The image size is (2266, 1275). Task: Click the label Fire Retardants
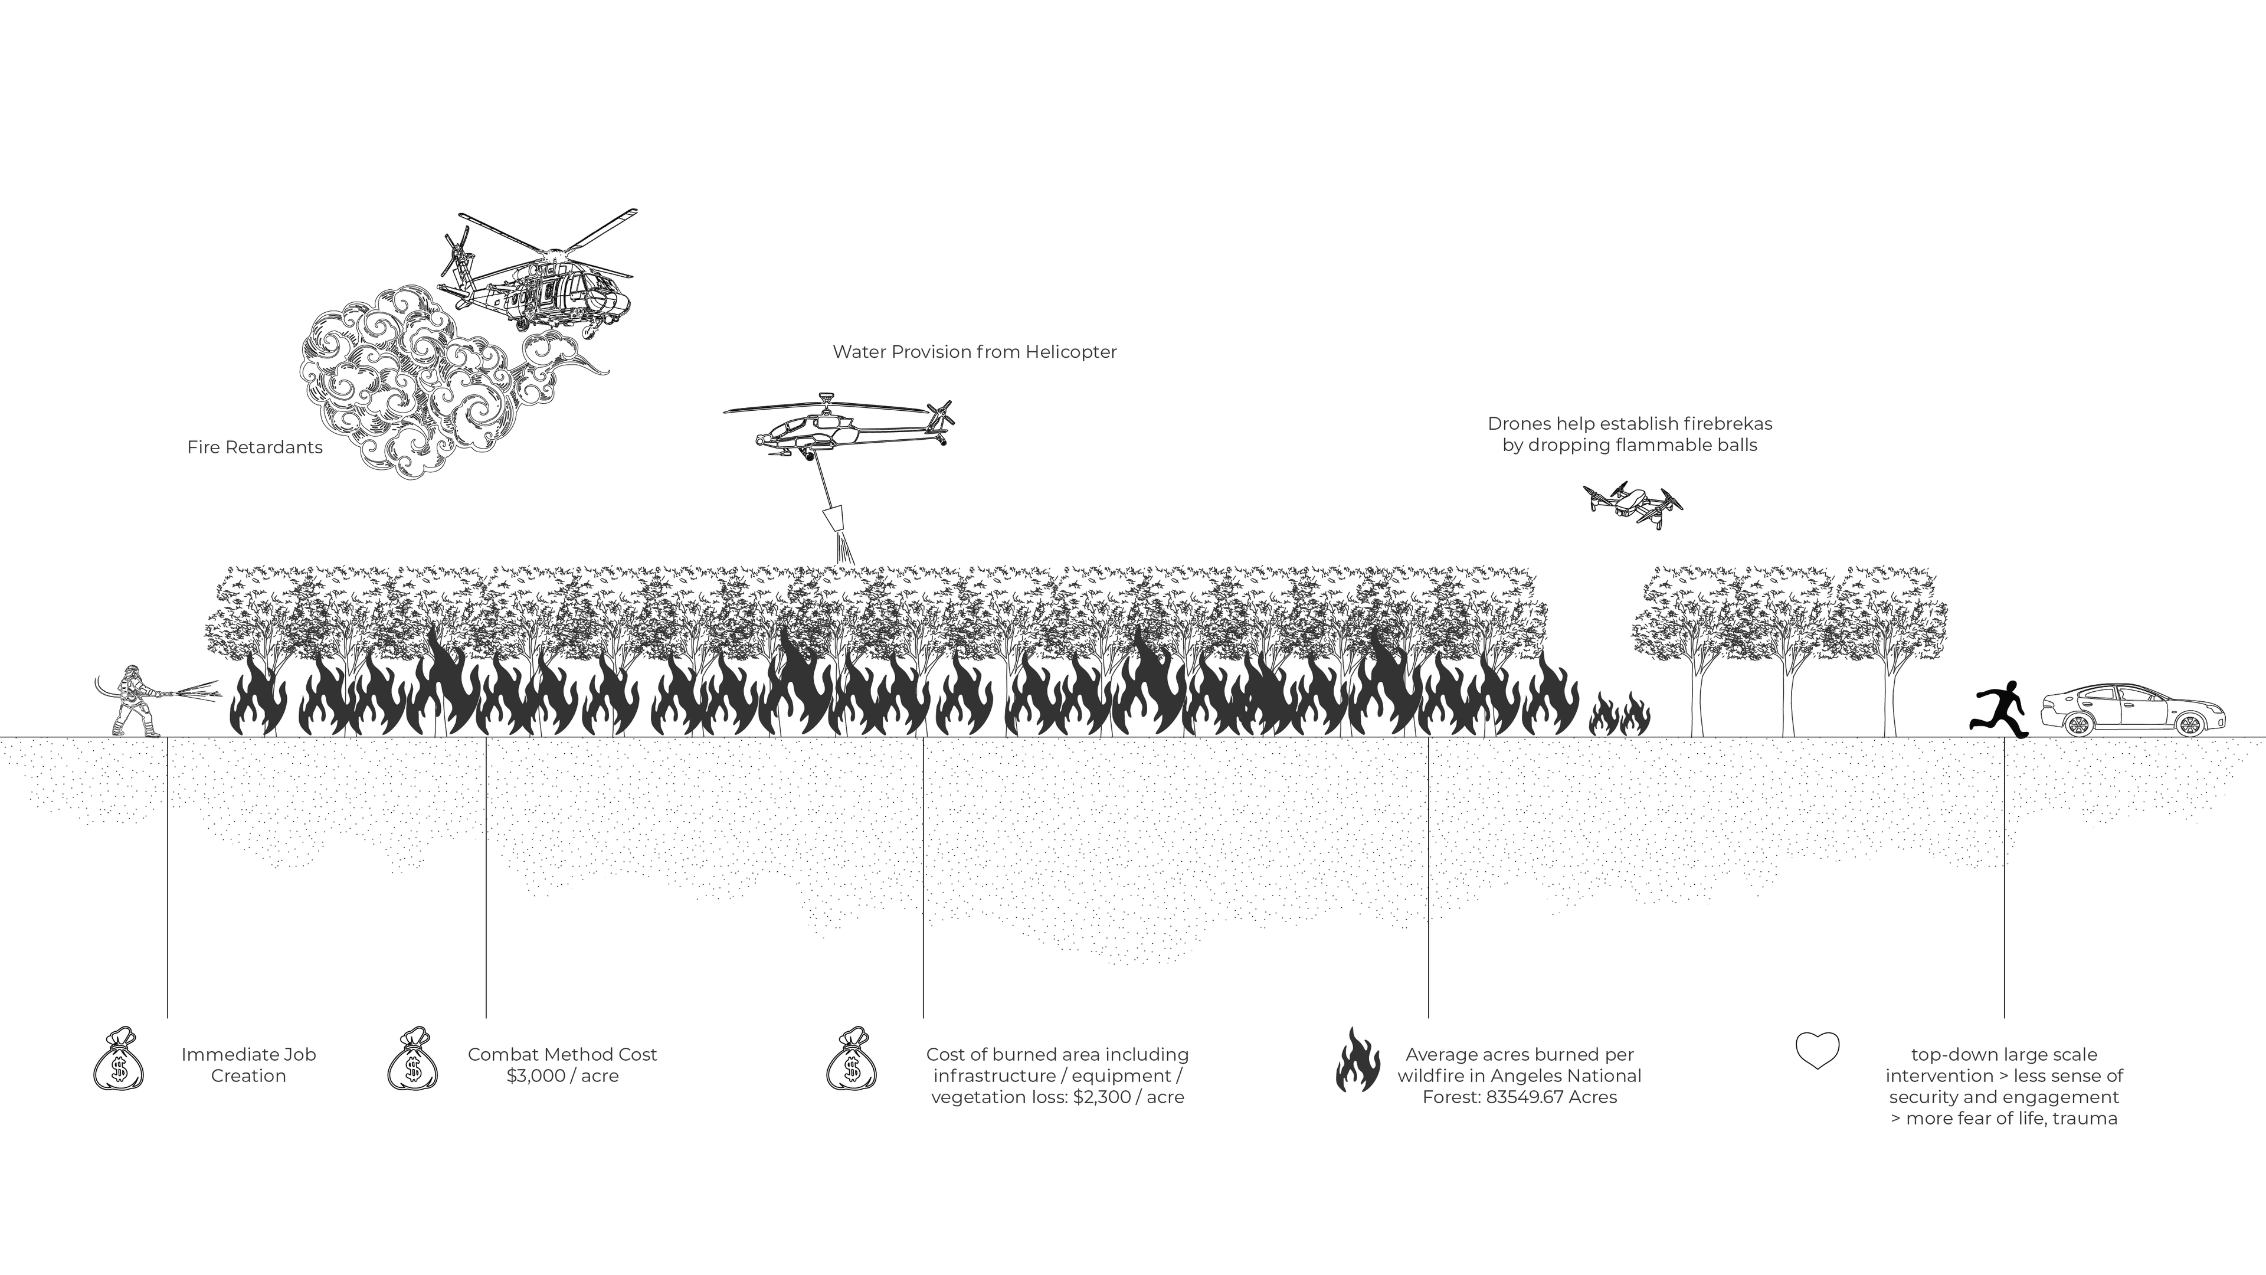pos(255,447)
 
